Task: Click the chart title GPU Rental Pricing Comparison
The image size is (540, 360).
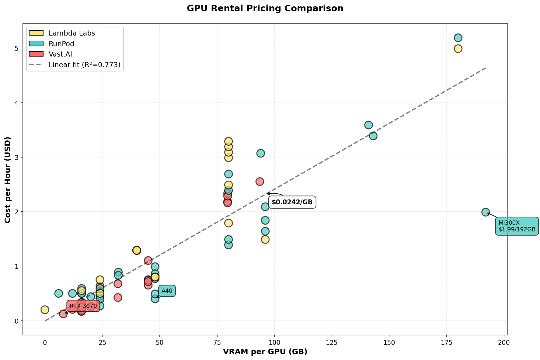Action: click(x=265, y=9)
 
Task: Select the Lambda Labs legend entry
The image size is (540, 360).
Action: click(x=72, y=33)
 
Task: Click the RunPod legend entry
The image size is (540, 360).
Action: click(x=61, y=44)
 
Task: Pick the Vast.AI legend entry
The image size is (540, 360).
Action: click(x=60, y=54)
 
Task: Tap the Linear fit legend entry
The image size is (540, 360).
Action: click(x=84, y=65)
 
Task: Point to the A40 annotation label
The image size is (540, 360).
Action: click(x=167, y=291)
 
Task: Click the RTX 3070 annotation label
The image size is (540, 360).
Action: click(x=83, y=306)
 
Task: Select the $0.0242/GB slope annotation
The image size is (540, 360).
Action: click(x=292, y=202)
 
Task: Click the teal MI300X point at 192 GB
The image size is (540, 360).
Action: click(x=486, y=212)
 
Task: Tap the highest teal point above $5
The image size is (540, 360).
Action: click(x=458, y=38)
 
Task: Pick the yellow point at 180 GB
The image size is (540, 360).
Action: click(x=458, y=49)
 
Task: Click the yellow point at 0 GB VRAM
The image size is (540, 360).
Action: click(x=45, y=310)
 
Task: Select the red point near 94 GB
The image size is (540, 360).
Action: click(x=260, y=182)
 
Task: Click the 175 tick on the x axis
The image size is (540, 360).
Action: click(x=447, y=342)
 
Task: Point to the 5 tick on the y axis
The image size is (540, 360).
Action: click(x=17, y=49)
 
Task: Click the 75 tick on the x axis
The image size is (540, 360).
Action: click(x=217, y=342)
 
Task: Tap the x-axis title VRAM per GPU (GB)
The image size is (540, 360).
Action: click(x=265, y=352)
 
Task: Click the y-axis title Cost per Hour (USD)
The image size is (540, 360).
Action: click(x=8, y=180)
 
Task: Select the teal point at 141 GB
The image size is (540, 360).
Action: click(x=368, y=125)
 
